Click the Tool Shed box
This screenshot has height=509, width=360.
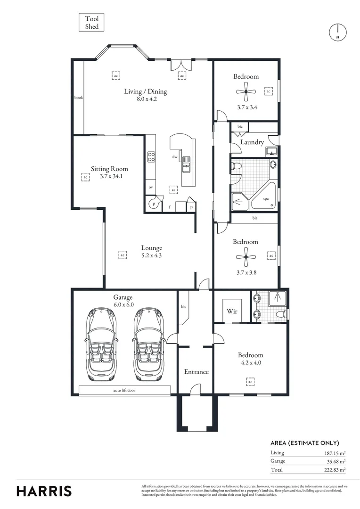tap(91, 23)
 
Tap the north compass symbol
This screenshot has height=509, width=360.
tap(337, 32)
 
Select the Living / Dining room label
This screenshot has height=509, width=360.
tap(145, 91)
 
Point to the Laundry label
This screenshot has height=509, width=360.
tap(252, 142)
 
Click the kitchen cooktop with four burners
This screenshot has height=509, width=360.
tap(152, 156)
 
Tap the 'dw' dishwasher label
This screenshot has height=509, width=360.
tap(174, 157)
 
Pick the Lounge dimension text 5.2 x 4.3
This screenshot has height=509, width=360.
tap(151, 256)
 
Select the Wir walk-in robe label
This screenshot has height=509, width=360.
tap(231, 311)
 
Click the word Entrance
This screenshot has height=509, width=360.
tap(196, 372)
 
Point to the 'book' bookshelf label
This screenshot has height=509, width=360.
tap(78, 98)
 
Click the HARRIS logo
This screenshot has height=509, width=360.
tap(44, 491)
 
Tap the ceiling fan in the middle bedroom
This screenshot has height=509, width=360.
tap(246, 257)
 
